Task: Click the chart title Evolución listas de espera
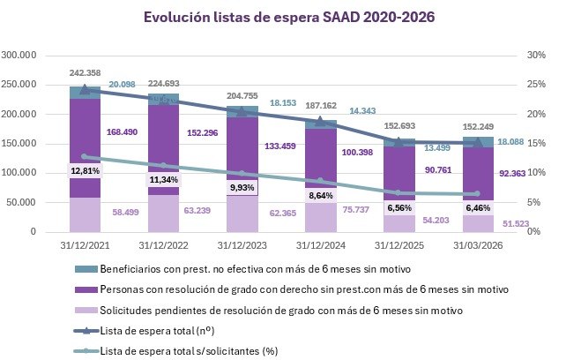click(282, 17)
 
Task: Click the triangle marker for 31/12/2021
click(84, 89)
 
